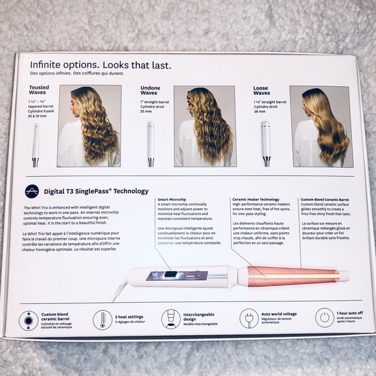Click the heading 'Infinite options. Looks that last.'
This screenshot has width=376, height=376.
coord(100,65)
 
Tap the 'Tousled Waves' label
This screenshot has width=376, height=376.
coord(40,91)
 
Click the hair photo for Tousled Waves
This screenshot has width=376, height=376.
coord(89,126)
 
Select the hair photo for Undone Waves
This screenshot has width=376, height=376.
coord(204,126)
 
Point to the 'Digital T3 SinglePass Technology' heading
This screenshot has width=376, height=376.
coord(96,191)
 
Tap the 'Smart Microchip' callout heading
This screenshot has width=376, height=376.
coord(172,200)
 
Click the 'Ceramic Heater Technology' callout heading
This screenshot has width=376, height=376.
coord(255,200)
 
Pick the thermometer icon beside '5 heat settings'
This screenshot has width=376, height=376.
coord(100,319)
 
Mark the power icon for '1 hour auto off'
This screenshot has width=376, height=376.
coord(325,318)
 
